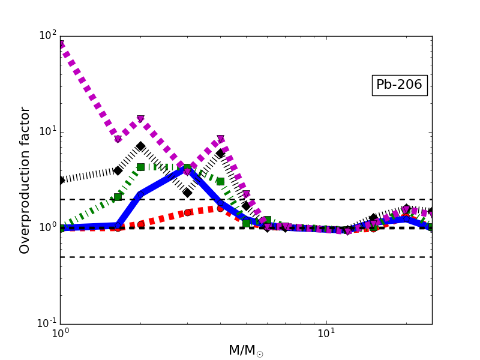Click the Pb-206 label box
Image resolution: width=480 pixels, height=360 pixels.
tap(399, 85)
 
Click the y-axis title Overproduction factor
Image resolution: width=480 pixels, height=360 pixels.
tap(25, 180)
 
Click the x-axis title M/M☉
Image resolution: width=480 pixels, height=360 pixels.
tap(245, 351)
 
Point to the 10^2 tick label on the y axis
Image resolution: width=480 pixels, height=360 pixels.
tap(47, 36)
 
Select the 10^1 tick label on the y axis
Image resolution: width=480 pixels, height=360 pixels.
tap(47, 132)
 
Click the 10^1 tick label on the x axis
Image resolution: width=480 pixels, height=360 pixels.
tap(326, 334)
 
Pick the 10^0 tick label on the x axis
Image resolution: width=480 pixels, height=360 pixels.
tap(60, 334)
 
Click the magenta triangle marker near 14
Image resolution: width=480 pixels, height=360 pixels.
tap(140, 119)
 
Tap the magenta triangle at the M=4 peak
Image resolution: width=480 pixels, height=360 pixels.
tap(221, 139)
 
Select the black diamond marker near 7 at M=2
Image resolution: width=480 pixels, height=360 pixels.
tap(140, 146)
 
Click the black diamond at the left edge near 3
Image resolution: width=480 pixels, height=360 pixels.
tap(61, 180)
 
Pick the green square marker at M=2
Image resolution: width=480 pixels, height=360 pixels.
tap(140, 167)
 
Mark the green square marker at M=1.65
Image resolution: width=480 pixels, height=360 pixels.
tap(118, 197)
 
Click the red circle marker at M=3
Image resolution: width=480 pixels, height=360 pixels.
tap(187, 212)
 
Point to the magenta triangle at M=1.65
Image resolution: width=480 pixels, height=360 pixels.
tap(118, 139)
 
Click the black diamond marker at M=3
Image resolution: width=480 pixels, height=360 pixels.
tap(187, 193)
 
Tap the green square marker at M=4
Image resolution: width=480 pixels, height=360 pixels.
tap(220, 181)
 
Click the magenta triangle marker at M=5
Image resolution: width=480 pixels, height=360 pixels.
tap(246, 194)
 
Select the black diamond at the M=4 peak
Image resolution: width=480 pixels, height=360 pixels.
tap(220, 154)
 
